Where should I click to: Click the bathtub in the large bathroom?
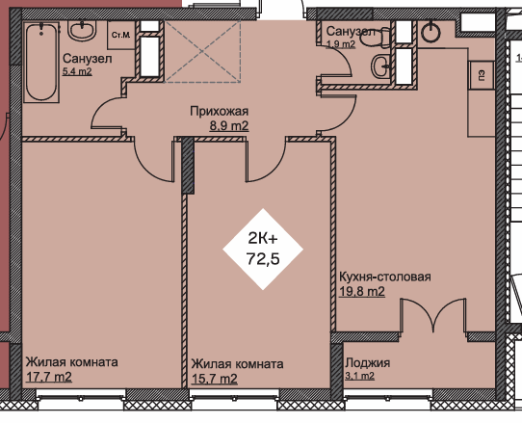point(41,62)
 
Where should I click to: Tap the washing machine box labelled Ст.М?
point(121,36)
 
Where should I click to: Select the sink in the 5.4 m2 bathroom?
point(82,30)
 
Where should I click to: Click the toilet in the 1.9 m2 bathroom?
point(377,37)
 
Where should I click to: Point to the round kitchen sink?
point(431,33)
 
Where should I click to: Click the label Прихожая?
point(219,111)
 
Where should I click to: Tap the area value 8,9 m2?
point(229,126)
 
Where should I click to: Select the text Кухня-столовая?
point(385,277)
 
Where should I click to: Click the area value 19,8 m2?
point(362,291)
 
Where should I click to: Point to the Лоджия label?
point(367,362)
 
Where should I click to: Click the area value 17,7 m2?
point(48,377)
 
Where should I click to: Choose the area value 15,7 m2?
point(215,379)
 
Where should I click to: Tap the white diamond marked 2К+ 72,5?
point(263,250)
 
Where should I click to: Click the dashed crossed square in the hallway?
point(202,52)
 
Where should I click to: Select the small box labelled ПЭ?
point(482,75)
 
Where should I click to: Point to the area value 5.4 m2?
point(77,71)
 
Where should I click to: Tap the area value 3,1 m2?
point(359,376)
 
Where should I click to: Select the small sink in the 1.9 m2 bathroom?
point(380,66)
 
